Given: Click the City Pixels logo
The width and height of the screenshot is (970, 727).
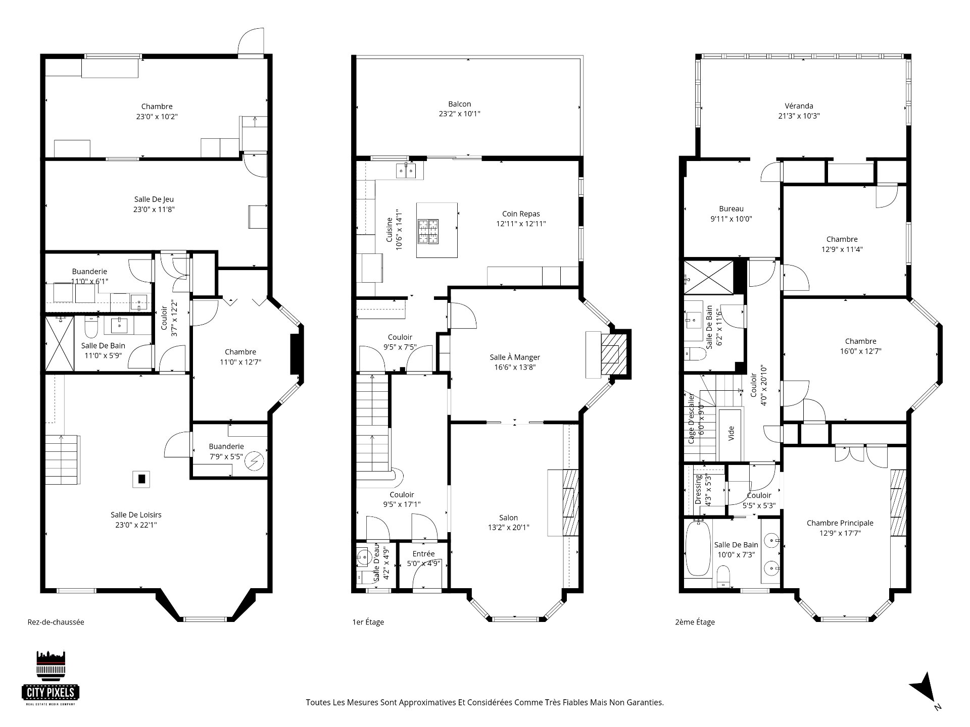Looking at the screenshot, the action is pos(51,678).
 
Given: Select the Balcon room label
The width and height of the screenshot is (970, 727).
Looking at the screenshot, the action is pos(459,104).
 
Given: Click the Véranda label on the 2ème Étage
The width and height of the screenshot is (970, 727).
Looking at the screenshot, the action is pos(799,106).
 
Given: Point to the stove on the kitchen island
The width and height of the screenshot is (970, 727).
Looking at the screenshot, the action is pos(428,232).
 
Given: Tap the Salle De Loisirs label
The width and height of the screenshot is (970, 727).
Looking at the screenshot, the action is pos(136,515).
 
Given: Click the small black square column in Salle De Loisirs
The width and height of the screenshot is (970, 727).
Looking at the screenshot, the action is pos(142,479).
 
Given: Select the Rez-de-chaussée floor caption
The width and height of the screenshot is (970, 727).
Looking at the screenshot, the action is pos(56,622).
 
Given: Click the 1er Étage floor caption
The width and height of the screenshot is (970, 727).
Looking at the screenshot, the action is pos(368,622).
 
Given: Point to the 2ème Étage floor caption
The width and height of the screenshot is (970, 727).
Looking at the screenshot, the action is pos(695,622).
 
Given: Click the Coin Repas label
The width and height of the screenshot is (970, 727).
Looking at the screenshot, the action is pos(521,214).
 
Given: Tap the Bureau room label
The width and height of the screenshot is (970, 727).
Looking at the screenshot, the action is pos(731,209).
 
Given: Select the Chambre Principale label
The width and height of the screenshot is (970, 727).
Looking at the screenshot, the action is pos(840,523).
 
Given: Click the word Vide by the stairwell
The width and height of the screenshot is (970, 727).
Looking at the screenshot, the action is pos(731,433).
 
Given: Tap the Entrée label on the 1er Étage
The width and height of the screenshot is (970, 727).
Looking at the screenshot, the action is pos(423,554).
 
